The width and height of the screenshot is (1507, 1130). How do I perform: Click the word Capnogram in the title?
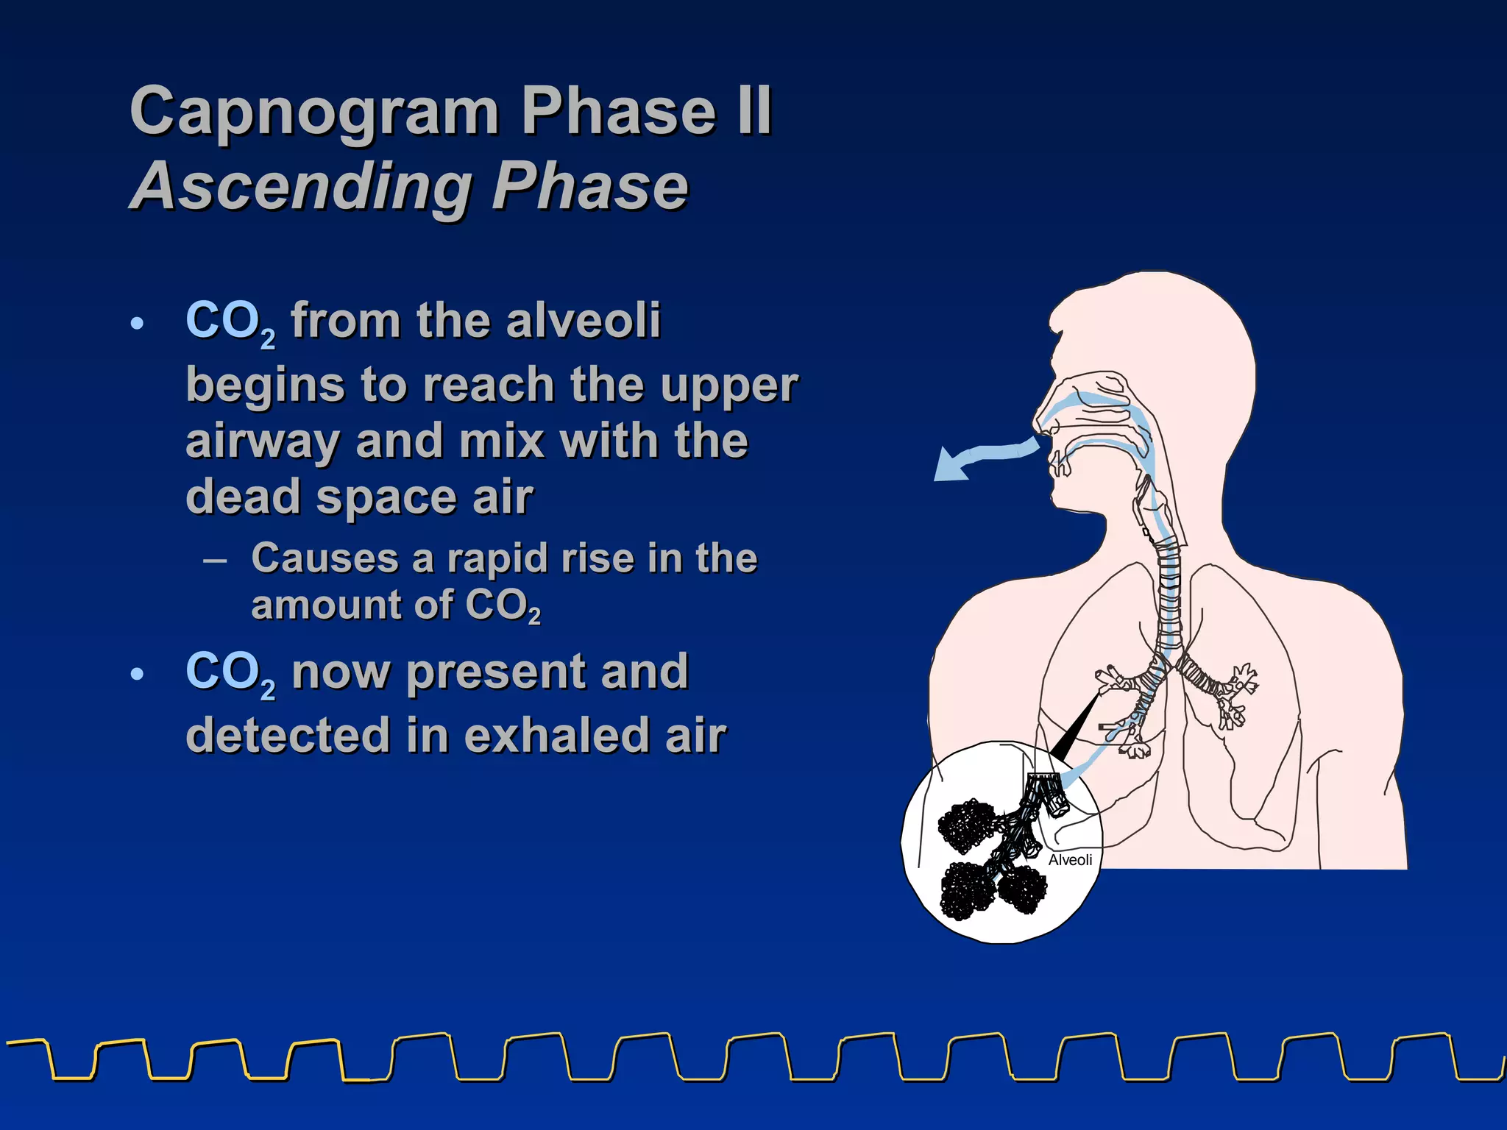pyautogui.click(x=314, y=112)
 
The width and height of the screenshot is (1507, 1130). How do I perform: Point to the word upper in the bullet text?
pyautogui.click(x=728, y=385)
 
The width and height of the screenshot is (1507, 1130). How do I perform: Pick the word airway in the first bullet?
pyautogui.click(x=261, y=442)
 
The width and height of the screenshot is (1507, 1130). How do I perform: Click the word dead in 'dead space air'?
pyautogui.click(x=243, y=497)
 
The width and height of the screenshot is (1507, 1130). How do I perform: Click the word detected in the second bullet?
pyautogui.click(x=288, y=735)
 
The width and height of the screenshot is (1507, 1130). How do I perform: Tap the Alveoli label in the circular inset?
pyautogui.click(x=1070, y=860)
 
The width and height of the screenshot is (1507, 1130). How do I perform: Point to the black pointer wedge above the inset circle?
pyautogui.click(x=1074, y=728)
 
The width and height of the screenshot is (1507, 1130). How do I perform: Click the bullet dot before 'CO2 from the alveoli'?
pyautogui.click(x=136, y=323)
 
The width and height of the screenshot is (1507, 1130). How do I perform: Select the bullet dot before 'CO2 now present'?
pyautogui.click(x=136, y=674)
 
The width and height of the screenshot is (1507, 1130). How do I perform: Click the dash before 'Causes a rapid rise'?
pyautogui.click(x=214, y=560)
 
